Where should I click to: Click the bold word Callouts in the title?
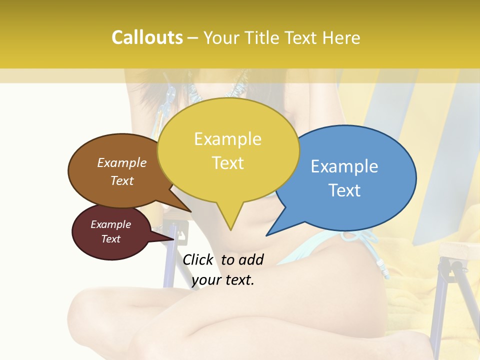[147, 37]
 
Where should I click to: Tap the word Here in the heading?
[340, 37]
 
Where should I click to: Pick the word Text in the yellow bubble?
[228, 162]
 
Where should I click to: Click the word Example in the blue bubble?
[344, 166]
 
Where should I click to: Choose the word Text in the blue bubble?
[344, 190]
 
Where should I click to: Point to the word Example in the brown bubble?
[122, 162]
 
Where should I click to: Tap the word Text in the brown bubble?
[122, 180]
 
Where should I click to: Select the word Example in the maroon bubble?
[111, 224]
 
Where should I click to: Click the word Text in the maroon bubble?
[111, 239]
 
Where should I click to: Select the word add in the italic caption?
[251, 259]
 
